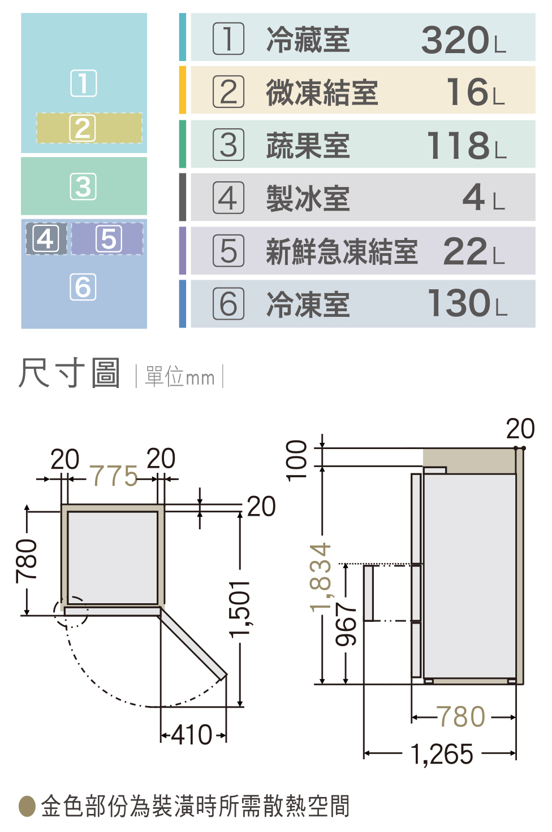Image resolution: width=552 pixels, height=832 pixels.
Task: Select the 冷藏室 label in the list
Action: point(308,40)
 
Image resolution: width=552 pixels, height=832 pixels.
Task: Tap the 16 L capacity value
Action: point(476,92)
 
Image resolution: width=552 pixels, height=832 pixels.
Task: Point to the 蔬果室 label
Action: point(308,146)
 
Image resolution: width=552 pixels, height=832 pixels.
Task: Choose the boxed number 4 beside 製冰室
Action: point(228,198)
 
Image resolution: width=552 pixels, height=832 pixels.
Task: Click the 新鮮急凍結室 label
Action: point(342,251)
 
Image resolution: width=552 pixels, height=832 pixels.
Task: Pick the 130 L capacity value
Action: point(467,303)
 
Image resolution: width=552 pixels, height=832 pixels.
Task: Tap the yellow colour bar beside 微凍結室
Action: point(182,90)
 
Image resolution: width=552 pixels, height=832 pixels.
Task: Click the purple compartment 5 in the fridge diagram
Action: point(107,238)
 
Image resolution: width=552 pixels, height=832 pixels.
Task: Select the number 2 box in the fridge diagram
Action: point(83,128)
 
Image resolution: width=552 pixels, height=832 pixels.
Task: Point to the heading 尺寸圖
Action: point(69,373)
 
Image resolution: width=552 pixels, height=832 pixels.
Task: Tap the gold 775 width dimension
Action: point(114,476)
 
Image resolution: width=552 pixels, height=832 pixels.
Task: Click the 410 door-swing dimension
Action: point(192,735)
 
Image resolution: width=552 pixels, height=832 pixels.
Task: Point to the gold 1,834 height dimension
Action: point(321,578)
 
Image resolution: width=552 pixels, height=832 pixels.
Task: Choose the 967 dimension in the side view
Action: point(346,624)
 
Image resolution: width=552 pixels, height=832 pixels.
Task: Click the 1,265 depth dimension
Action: point(442,755)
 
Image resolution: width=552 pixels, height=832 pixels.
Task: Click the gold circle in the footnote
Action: point(27,807)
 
